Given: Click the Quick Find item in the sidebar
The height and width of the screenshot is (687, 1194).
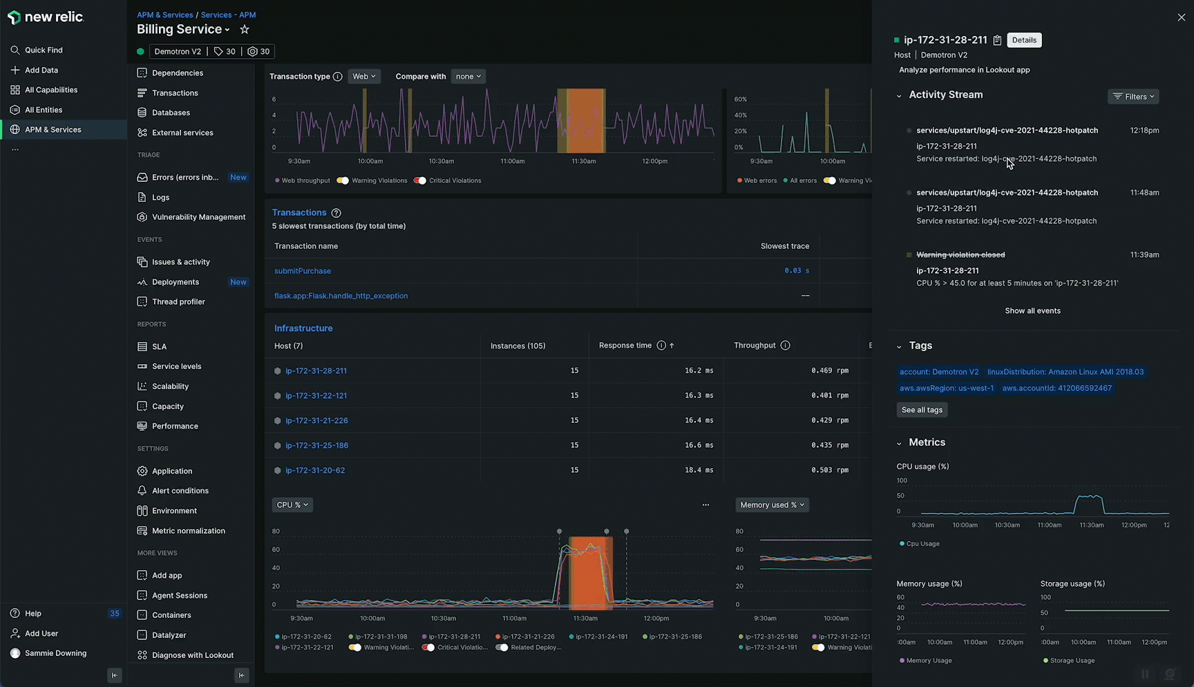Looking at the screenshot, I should coord(44,50).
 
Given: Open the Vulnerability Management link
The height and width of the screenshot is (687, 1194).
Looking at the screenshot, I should coord(198,217).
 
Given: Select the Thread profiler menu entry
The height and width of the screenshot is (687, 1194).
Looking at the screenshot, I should coord(178,302).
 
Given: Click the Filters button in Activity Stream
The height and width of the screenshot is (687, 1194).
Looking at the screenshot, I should coord(1133,97).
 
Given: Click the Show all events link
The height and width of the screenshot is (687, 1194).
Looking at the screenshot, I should coord(1032,311).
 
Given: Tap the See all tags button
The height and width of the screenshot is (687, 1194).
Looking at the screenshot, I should coord(922,410).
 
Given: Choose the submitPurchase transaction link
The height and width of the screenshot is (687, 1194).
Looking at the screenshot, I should coord(303,271).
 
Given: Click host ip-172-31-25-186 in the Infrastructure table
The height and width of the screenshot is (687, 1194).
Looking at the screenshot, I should coord(316,446).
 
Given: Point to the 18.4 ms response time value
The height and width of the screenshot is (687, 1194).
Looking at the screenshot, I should coord(699,471).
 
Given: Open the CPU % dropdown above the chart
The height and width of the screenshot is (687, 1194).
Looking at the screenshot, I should coord(292,505).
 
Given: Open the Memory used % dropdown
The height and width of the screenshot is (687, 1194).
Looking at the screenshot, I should coord(772,505).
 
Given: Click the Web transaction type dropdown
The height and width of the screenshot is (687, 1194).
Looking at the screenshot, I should coord(364,77).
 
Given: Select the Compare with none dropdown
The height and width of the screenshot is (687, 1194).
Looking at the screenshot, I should coord(468,77).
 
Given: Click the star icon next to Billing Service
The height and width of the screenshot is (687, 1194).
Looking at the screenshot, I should coord(245,30).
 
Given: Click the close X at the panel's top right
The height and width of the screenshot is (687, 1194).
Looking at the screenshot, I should coord(1181,18).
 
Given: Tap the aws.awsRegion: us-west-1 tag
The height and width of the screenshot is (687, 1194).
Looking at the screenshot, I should coord(946,388).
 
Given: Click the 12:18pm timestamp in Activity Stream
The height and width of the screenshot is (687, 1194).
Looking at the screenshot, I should coord(1144,131).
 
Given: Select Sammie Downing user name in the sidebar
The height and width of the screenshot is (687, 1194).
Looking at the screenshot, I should coord(55,654).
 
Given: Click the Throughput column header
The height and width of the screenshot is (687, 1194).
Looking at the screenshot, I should coord(755,346).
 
